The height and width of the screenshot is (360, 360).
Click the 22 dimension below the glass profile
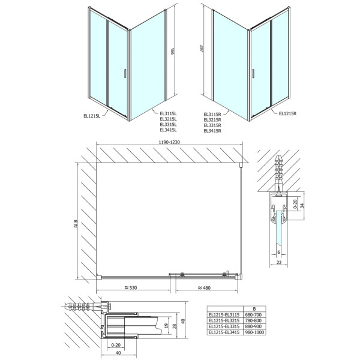(x=279, y=262)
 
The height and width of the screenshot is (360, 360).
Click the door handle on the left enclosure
(x=123, y=73)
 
